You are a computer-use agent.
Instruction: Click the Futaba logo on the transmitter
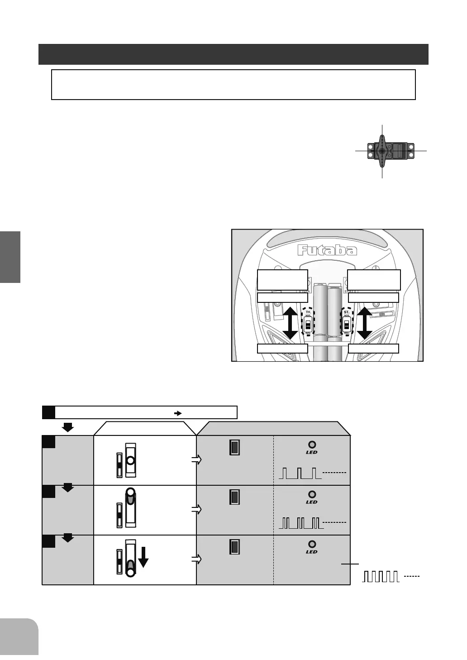pyautogui.click(x=327, y=250)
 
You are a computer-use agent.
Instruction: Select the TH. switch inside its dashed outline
pyautogui.click(x=308, y=324)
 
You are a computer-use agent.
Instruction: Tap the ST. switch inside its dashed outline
pyautogui.click(x=347, y=324)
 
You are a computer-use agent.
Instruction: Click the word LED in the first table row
pyautogui.click(x=312, y=452)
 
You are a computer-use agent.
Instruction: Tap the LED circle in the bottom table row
pyautogui.click(x=312, y=544)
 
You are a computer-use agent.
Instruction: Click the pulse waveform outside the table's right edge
pyautogui.click(x=381, y=577)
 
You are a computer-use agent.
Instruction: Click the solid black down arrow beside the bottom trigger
pyautogui.click(x=143, y=557)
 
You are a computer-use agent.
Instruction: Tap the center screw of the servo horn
pyautogui.click(x=382, y=151)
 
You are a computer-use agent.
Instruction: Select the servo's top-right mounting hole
pyautogui.click(x=411, y=146)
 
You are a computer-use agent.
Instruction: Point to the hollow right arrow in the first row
pyautogui.click(x=196, y=460)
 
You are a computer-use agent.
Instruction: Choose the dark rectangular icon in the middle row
pyautogui.click(x=234, y=497)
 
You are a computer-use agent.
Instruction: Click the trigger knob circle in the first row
pyautogui.click(x=130, y=460)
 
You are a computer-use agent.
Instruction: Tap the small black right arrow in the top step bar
pyautogui.click(x=178, y=413)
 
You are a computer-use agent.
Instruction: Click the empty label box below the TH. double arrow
pyautogui.click(x=282, y=349)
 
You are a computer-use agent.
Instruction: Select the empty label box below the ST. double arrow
pyautogui.click(x=373, y=349)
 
